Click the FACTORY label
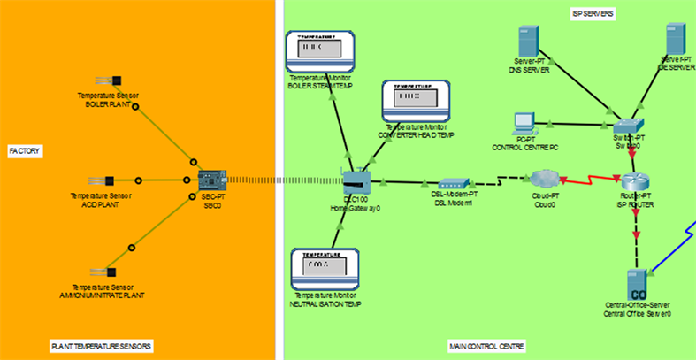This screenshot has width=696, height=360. pyautogui.click(x=25, y=151)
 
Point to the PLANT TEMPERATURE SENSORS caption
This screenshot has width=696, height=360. pyautogui.click(x=101, y=345)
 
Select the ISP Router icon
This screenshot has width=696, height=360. pyautogui.click(x=633, y=180)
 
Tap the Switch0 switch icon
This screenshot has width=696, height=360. pyautogui.click(x=633, y=126)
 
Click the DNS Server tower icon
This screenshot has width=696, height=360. pyautogui.click(x=528, y=42)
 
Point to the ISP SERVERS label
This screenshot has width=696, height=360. pyautogui.click(x=593, y=15)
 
